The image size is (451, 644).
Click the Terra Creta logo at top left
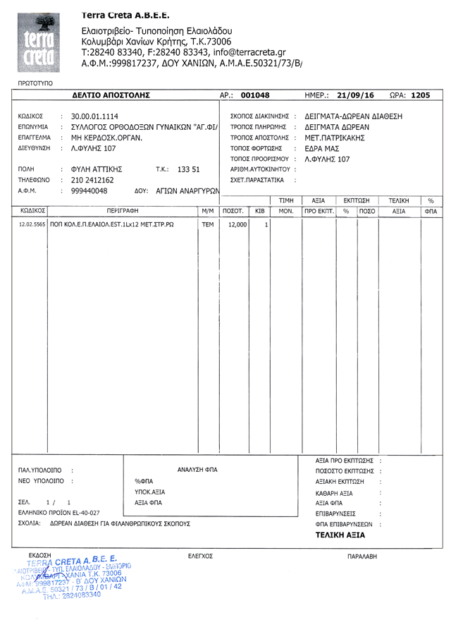tap(44, 44)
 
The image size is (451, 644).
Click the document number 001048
tap(255, 95)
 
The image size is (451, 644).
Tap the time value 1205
tap(420, 95)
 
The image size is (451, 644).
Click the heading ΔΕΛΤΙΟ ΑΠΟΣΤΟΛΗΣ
tap(111, 95)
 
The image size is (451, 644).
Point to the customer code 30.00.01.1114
tap(94, 116)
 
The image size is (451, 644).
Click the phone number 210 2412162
tap(92, 180)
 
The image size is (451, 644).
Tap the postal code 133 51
tap(189, 169)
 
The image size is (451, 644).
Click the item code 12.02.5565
tap(32, 224)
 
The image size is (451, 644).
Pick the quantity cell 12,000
tap(234, 224)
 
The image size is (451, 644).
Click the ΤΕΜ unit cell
tap(208, 224)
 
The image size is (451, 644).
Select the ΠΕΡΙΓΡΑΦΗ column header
tap(123, 211)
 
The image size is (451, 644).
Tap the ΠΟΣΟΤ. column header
tap(233, 211)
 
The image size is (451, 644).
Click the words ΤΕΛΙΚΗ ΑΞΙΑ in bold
tap(340, 536)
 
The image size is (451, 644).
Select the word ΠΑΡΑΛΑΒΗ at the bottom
tap(364, 557)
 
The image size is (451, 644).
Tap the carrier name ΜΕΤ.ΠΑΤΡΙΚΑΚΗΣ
tap(335, 138)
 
